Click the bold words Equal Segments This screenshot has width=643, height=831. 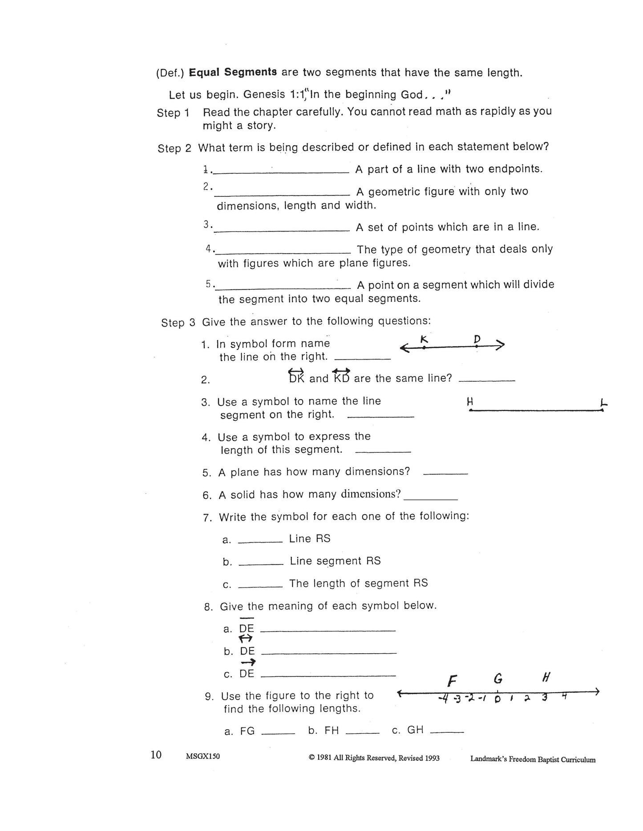coord(233,72)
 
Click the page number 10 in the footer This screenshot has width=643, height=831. coord(156,755)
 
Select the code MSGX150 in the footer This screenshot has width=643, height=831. coord(203,756)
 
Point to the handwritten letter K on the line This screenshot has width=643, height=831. coord(424,340)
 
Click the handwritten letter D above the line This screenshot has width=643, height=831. coord(477,340)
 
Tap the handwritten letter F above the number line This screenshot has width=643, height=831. coord(452,681)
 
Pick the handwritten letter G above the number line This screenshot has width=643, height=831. coord(498,679)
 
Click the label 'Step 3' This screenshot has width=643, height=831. coord(178,322)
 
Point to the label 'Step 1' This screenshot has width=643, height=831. coord(173,113)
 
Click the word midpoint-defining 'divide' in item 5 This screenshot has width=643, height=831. coord(539,284)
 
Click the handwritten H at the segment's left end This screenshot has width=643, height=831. coord(469,402)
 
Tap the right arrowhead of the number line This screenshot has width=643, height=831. coord(596,692)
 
